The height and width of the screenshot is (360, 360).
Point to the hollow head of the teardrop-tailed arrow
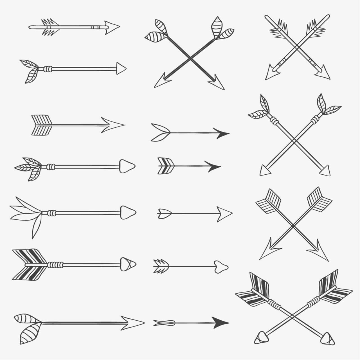pyautogui.click(x=224, y=212)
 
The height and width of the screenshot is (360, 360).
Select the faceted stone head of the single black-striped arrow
pyautogui.click(x=128, y=264)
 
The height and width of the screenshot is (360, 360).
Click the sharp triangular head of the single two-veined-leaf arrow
pyautogui.click(x=121, y=69)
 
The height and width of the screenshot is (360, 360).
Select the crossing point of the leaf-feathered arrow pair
pyautogui.click(x=294, y=139)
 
